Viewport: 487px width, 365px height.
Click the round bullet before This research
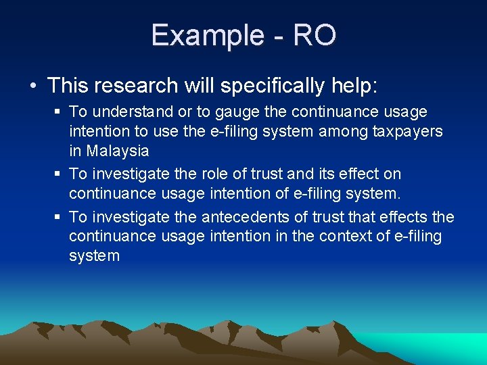[34, 86]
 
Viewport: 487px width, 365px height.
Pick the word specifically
[256, 86]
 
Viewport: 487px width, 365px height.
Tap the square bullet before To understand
[58, 112]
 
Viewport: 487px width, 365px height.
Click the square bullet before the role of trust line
[58, 174]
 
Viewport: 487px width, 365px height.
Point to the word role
[204, 174]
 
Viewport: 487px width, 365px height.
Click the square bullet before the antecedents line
[58, 216]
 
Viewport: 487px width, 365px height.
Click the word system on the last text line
[94, 256]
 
